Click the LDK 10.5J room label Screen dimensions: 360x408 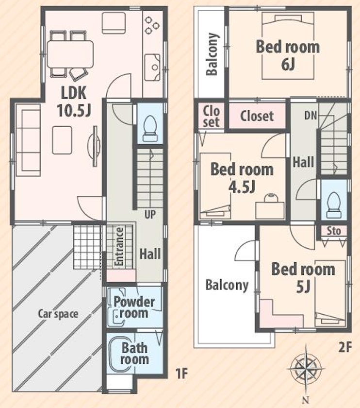[74, 102]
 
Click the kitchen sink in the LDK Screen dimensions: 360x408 [152, 67]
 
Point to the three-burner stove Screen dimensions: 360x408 [152, 25]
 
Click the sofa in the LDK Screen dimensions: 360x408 [28, 140]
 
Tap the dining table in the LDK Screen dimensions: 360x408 [70, 54]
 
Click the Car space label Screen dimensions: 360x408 [58, 314]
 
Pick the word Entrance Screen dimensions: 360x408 [119, 246]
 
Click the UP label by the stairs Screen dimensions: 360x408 [150, 215]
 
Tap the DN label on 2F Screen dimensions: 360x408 [311, 115]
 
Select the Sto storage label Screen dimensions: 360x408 [334, 231]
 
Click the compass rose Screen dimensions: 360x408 [306, 369]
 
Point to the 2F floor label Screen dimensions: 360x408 [345, 347]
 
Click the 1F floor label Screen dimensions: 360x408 [181, 374]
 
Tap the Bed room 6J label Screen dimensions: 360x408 [288, 55]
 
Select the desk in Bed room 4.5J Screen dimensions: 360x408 [270, 210]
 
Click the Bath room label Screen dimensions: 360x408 [134, 354]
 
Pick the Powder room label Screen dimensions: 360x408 [134, 307]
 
